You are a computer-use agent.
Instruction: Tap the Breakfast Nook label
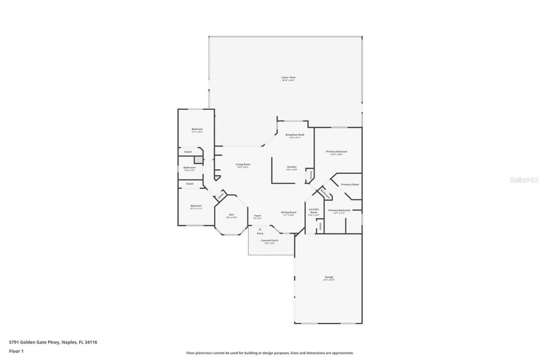pyautogui.click(x=294, y=135)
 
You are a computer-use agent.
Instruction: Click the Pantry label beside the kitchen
pyautogui.click(x=310, y=174)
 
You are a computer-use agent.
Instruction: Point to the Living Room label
pyautogui.click(x=243, y=165)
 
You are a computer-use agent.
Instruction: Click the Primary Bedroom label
pyautogui.click(x=337, y=152)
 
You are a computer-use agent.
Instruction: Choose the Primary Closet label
pyautogui.click(x=350, y=184)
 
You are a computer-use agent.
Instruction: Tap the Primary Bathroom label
pyautogui.click(x=339, y=210)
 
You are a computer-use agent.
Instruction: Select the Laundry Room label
pyautogui.click(x=313, y=211)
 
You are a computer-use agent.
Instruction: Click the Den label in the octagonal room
pyautogui.click(x=231, y=215)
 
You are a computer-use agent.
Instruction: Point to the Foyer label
pyautogui.click(x=257, y=216)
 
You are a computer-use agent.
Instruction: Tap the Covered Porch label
pyautogui.click(x=269, y=241)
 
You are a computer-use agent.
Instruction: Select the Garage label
pyautogui.click(x=328, y=277)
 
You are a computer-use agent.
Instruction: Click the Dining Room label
pyautogui.click(x=289, y=212)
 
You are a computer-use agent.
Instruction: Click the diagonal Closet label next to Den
pyautogui.click(x=221, y=196)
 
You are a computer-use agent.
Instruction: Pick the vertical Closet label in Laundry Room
pyautogui.click(x=320, y=227)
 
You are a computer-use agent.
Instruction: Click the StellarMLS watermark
pyautogui.click(x=524, y=180)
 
